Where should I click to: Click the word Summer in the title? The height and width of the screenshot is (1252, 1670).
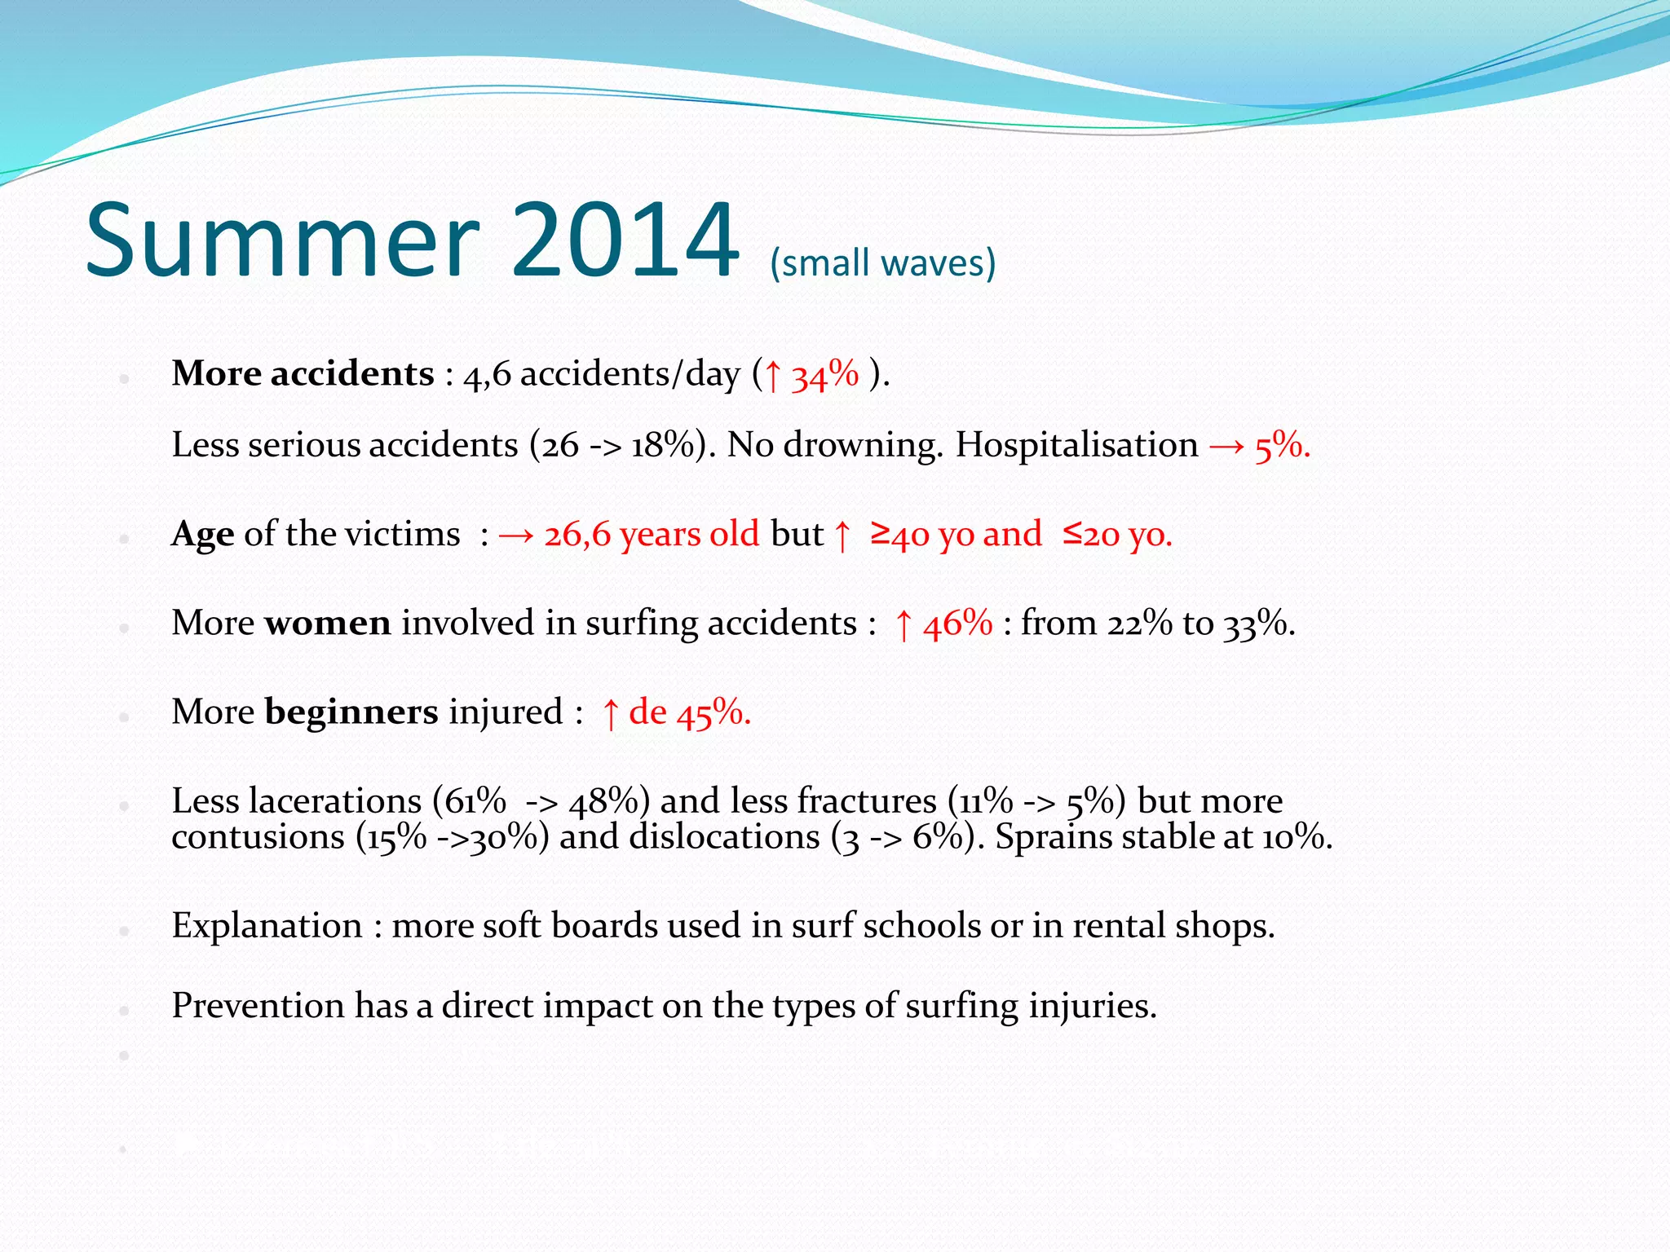[x=282, y=241]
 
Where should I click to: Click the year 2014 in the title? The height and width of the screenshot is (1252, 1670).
[x=625, y=241]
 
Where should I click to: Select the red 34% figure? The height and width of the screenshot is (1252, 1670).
[x=824, y=375]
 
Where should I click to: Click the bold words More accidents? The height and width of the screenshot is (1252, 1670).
[x=303, y=373]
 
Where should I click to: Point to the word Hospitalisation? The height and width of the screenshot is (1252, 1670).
[x=1076, y=445]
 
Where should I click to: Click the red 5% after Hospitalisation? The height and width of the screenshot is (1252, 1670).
[x=1282, y=447]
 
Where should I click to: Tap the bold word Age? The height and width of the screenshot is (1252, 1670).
[x=202, y=535]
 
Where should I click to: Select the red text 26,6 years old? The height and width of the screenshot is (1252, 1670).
[x=651, y=535]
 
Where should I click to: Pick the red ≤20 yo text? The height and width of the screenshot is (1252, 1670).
[x=1117, y=535]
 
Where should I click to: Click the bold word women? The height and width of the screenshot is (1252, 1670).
[x=327, y=624]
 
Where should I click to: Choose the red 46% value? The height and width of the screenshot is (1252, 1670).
[x=957, y=624]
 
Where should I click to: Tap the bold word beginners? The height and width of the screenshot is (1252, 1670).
[x=351, y=712]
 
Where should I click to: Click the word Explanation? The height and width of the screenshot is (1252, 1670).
[x=267, y=926]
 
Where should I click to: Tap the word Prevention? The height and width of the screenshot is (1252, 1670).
[x=258, y=1006]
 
